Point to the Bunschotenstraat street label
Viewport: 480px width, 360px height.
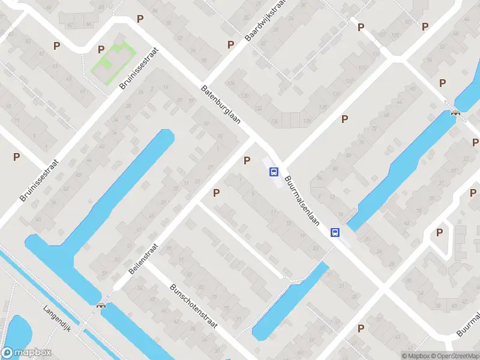[x=193, y=305]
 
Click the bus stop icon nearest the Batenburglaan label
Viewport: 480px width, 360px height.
[x=274, y=172]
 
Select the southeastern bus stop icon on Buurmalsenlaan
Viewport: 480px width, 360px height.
[x=335, y=233]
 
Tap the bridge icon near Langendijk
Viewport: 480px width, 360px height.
[x=101, y=305]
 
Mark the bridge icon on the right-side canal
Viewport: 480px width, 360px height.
[x=456, y=112]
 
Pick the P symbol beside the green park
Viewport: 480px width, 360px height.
[x=101, y=49]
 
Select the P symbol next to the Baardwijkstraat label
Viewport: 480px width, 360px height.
[x=230, y=44]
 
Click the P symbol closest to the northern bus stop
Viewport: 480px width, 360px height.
[x=246, y=160]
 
